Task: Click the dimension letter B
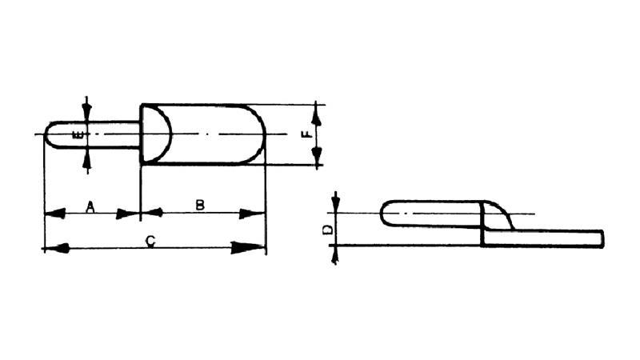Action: point(200,206)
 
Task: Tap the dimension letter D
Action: point(326,230)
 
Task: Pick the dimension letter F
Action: point(306,134)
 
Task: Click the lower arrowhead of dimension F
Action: point(318,155)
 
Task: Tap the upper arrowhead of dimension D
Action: point(336,203)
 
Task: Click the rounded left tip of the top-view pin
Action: point(46,134)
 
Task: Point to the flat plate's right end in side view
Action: point(601,238)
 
